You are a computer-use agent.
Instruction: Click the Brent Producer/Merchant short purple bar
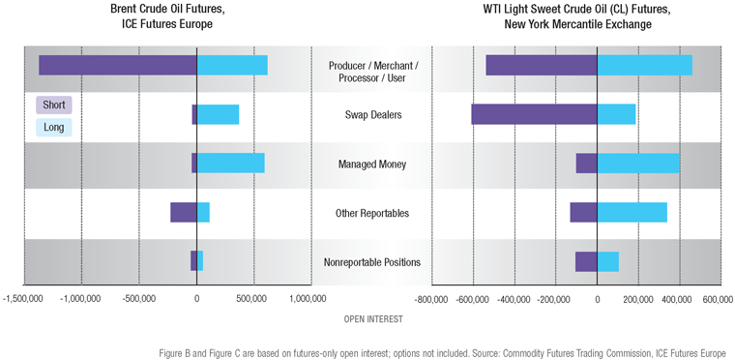[x=117, y=65]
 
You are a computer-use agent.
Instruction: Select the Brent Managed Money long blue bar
[x=230, y=164]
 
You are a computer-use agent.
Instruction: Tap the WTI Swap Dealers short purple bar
[x=534, y=114]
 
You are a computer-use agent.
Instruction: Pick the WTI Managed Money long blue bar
[x=637, y=164]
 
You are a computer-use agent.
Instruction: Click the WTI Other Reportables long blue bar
[x=632, y=213]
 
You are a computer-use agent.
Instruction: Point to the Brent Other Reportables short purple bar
[x=183, y=213]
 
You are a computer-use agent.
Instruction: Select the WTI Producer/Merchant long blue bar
[x=644, y=65]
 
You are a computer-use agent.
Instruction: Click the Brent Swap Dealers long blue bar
[x=218, y=114]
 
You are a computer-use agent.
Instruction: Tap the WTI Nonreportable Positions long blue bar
[x=607, y=261]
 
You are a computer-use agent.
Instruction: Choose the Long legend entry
[x=53, y=127]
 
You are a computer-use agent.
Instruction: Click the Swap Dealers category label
[x=372, y=115]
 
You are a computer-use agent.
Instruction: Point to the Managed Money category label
[x=372, y=165]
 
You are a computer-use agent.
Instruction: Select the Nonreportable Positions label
[x=372, y=262]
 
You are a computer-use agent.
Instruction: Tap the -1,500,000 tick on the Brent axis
[x=23, y=300]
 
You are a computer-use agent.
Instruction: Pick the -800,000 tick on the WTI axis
[x=432, y=300]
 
